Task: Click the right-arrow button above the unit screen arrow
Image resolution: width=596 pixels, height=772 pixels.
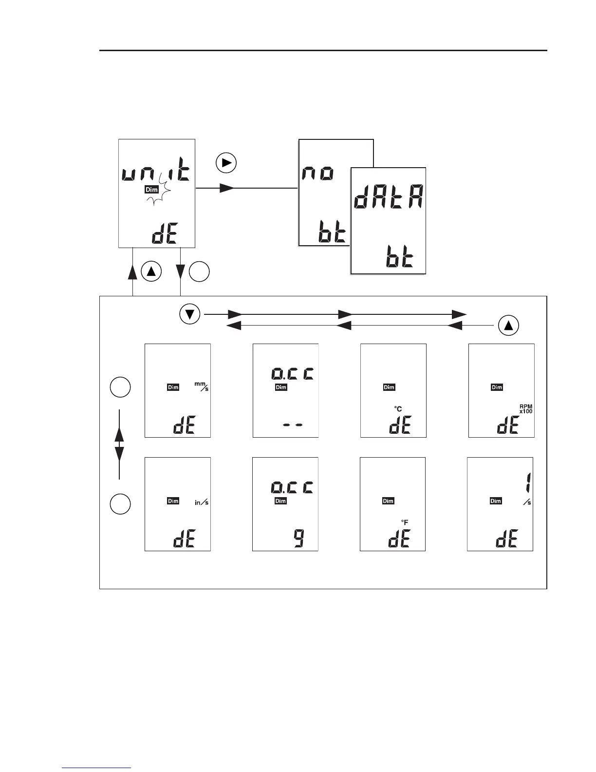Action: [226, 163]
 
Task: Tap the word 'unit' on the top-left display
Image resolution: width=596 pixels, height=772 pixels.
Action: [155, 173]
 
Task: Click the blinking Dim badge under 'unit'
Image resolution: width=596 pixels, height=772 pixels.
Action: [151, 190]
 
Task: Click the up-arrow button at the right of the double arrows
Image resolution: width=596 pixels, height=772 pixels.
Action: [509, 326]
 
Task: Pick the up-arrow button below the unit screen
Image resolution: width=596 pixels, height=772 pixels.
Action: [151, 272]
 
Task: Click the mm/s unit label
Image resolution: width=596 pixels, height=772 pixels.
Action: [202, 386]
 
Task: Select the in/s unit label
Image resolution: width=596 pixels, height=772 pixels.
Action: [202, 502]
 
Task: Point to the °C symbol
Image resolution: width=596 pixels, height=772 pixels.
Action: [398, 409]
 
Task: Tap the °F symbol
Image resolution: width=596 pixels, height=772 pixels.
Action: [405, 522]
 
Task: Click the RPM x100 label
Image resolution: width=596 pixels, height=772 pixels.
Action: [525, 408]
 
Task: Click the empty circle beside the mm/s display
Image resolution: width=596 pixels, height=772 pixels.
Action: [119, 387]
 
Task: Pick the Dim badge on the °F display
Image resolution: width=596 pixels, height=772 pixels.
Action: [388, 501]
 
